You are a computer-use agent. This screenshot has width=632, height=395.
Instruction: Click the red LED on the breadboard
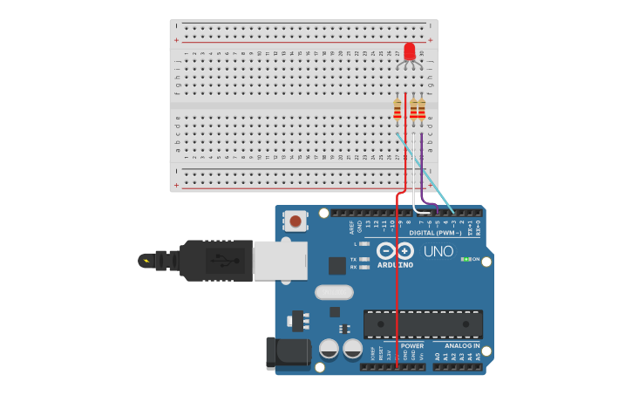(x=410, y=51)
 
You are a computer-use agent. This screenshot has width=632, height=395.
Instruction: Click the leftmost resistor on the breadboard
(x=398, y=109)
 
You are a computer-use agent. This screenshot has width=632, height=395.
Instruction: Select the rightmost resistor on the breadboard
(x=422, y=109)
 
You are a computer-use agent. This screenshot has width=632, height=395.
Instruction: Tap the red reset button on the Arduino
(x=296, y=221)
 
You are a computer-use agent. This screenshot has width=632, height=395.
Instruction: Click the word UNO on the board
(x=438, y=251)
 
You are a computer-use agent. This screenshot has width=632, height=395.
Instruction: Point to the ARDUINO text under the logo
(x=395, y=264)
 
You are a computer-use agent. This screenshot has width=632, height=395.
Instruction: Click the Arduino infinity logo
(x=396, y=251)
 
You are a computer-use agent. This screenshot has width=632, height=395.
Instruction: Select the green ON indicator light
(x=466, y=259)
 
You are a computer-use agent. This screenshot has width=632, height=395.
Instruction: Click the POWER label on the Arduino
(x=412, y=345)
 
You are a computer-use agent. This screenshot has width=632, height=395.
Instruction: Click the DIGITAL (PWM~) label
(x=435, y=233)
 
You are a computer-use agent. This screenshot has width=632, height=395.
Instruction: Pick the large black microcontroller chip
(x=423, y=323)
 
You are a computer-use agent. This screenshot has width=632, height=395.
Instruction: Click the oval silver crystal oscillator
(x=334, y=292)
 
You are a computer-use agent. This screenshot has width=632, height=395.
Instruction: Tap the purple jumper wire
(x=422, y=166)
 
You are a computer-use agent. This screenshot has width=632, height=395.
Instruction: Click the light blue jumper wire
(x=427, y=174)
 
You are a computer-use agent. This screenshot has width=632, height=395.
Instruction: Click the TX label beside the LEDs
(x=353, y=259)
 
